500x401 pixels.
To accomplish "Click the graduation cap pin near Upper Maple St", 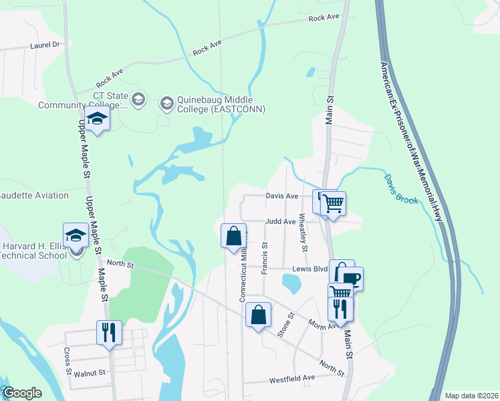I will coord(98,120).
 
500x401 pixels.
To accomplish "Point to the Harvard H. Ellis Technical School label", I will coord(34,250).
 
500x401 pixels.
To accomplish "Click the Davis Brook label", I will coord(401,190).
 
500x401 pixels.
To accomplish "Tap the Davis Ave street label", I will coord(281,196).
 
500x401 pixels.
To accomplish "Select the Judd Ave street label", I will coord(280,221).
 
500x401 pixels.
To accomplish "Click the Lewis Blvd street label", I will coord(309,268).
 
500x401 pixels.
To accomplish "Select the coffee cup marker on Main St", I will coord(352,278).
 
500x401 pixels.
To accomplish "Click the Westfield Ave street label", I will coord(291,379).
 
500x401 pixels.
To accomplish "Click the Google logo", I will coord(23,394).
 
